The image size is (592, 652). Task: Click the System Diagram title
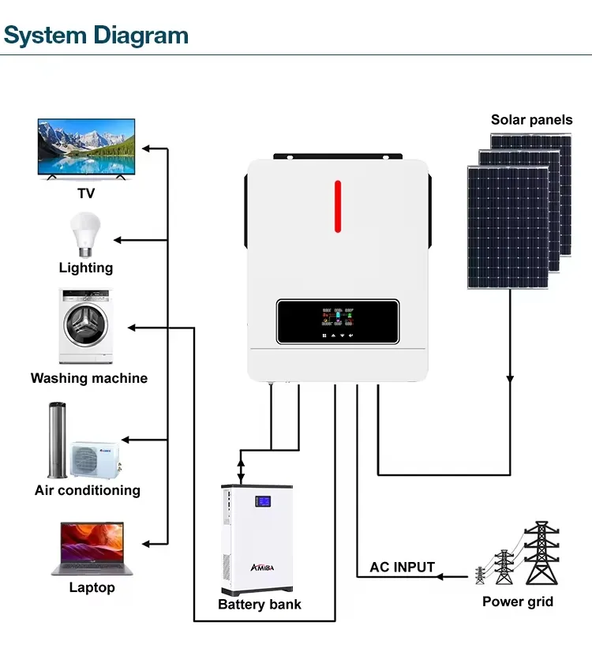[x=96, y=35]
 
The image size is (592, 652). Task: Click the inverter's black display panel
[x=337, y=321]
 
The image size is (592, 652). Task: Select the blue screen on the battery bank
[x=261, y=501]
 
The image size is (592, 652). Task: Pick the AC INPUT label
[x=402, y=567]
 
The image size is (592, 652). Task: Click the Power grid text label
[x=518, y=601]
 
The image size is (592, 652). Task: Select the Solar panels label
[x=531, y=120]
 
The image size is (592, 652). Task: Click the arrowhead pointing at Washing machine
[x=133, y=327]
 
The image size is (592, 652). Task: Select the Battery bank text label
[x=260, y=605]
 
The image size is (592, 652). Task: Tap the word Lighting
[x=86, y=268]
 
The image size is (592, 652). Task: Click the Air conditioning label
[x=88, y=490]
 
